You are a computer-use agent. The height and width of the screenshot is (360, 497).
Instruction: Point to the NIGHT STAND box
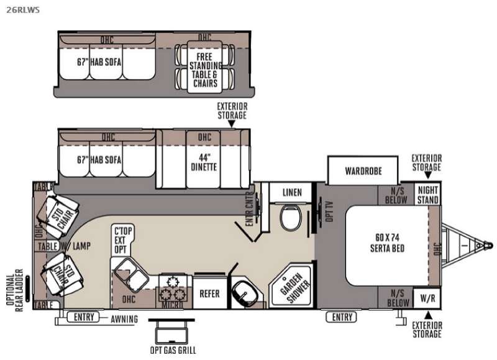[428, 195]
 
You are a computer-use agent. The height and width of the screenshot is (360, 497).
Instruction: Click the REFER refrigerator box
[209, 293]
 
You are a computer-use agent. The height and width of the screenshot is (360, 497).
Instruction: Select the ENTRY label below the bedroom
[342, 317]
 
